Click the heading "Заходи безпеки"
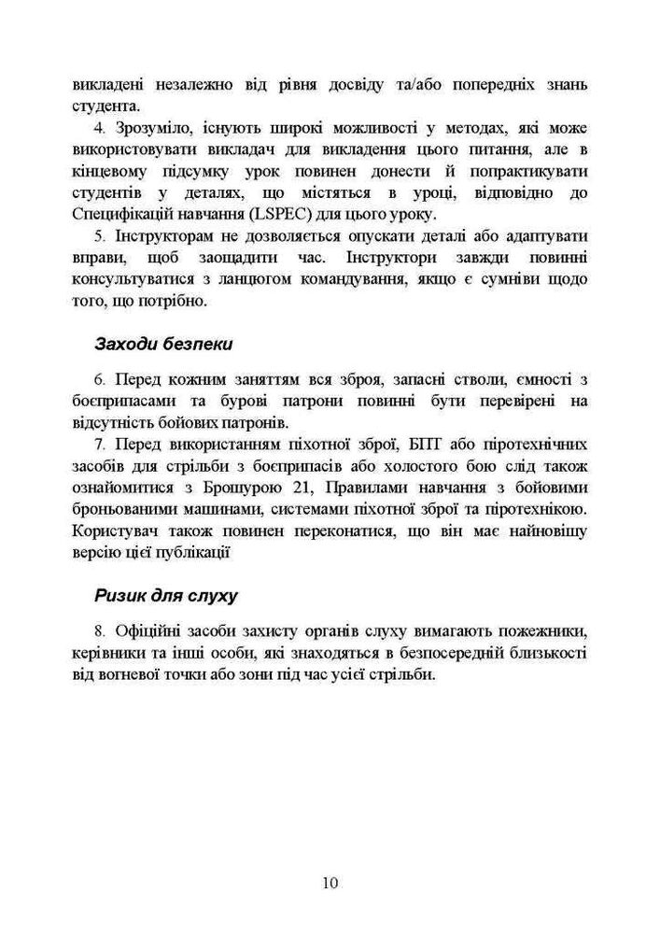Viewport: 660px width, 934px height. click(x=162, y=343)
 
